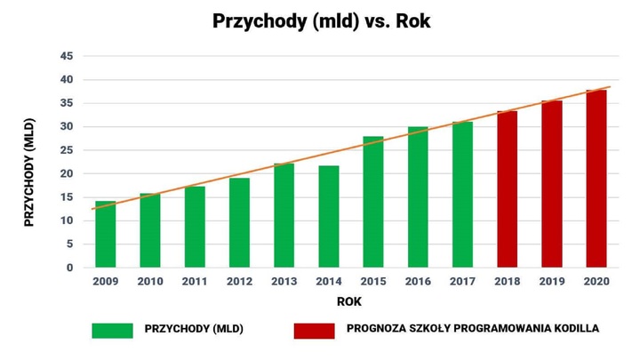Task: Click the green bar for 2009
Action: (x=106, y=235)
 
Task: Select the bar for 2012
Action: (x=239, y=223)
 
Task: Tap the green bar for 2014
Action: (x=329, y=217)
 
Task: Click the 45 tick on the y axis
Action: (x=66, y=56)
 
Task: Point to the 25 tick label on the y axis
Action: (x=66, y=150)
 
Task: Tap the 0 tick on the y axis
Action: (x=69, y=268)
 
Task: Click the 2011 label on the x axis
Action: (x=195, y=282)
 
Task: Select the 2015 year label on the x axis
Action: (x=373, y=282)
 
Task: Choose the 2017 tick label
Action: (x=462, y=282)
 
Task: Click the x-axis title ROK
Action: (x=349, y=302)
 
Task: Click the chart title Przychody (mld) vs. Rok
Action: (x=321, y=21)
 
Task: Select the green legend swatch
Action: (x=112, y=330)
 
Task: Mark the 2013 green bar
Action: (x=284, y=215)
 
